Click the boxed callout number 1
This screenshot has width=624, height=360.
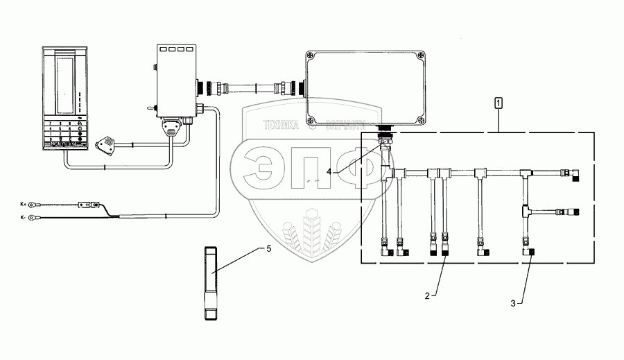499,103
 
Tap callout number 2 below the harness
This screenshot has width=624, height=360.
428,295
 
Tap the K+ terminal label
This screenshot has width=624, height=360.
24,204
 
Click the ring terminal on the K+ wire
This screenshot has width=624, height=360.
42,204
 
